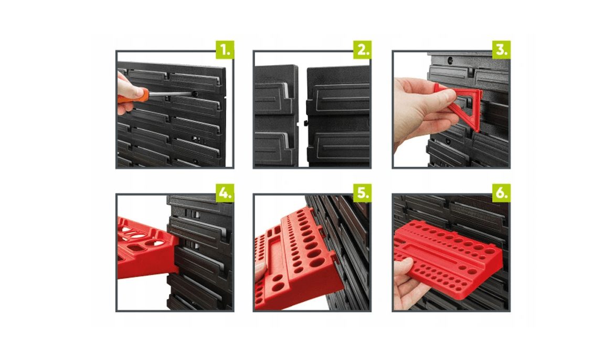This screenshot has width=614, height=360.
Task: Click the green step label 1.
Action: (225, 50)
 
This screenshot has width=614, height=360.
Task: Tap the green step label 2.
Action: (362, 50)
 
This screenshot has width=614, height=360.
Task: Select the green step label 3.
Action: (502, 50)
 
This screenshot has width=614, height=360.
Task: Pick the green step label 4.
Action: (225, 193)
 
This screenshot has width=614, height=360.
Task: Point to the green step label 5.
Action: (362, 193)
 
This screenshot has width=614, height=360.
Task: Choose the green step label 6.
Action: (502, 193)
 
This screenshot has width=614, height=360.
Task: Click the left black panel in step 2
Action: (276, 115)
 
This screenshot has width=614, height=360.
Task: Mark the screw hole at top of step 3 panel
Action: (450, 60)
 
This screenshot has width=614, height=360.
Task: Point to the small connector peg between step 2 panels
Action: (304, 123)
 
